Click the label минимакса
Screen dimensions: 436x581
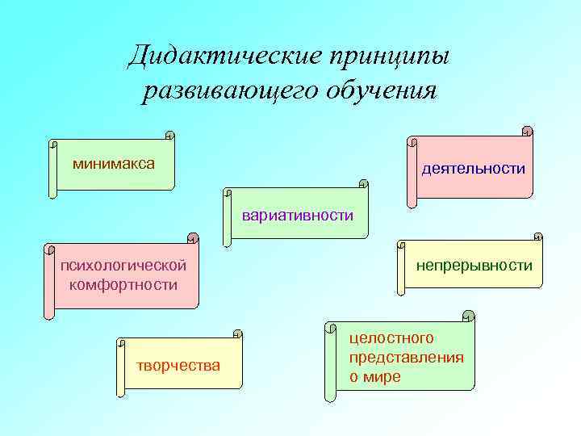[x=114, y=164]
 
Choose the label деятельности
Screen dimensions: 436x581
[x=473, y=169]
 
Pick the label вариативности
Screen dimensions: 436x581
[x=298, y=215]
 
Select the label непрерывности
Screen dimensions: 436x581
[x=474, y=265]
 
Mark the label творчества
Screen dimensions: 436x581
[x=178, y=365]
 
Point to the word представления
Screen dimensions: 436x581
[x=407, y=357]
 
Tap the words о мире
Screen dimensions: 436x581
[x=374, y=377]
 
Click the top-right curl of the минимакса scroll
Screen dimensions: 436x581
[x=169, y=136]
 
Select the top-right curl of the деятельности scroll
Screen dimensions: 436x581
[x=527, y=130]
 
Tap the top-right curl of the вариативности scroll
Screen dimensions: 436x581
[x=363, y=185]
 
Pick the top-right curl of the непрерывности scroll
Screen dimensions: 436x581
[x=537, y=238]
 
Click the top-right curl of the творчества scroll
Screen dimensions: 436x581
[x=237, y=333]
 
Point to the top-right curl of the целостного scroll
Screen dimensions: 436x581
[x=468, y=316]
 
